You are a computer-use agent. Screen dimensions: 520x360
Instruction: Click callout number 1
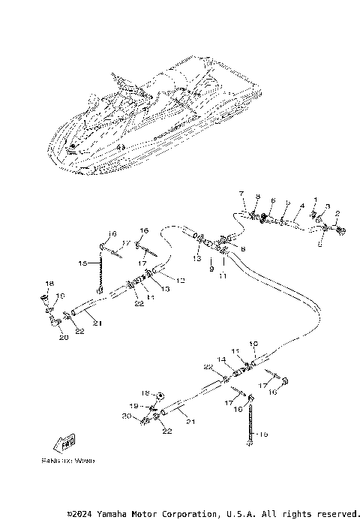316,200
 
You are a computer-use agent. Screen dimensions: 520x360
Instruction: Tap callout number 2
337,214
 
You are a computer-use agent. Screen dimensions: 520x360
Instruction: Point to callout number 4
301,205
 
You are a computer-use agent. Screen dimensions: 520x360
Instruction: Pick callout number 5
288,203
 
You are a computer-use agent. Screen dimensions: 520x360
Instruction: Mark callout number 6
273,201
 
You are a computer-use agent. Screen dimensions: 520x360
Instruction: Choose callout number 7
241,194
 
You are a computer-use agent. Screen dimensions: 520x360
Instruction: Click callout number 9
211,268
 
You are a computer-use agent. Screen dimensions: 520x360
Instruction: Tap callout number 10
253,344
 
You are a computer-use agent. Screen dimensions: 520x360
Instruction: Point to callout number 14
221,360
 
